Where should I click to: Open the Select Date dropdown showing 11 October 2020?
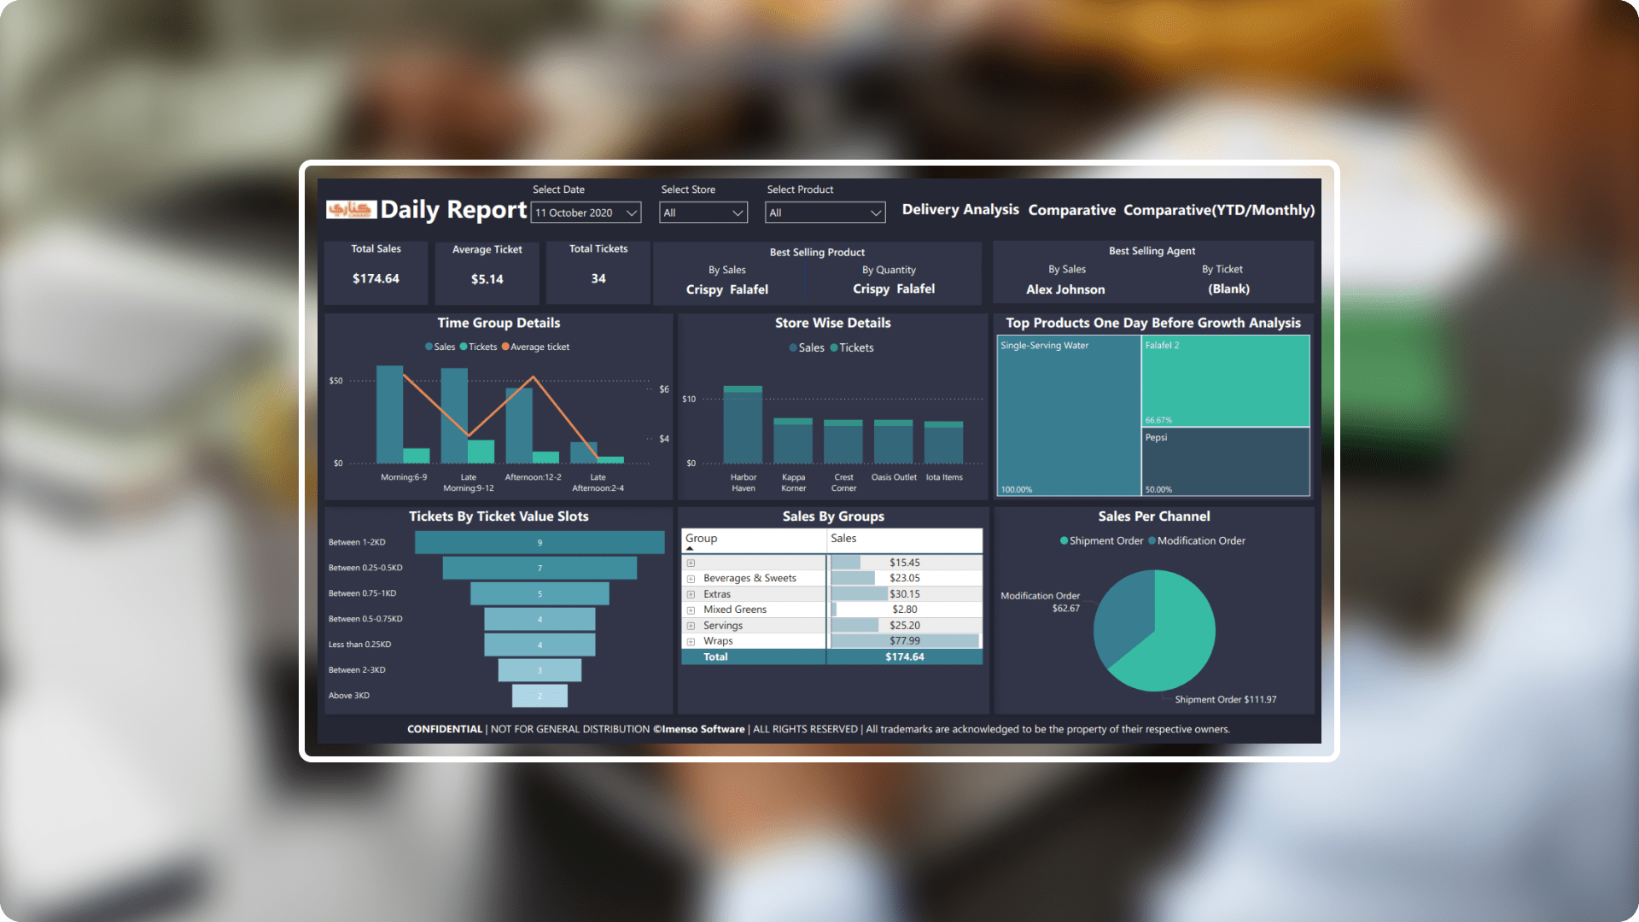pyautogui.click(x=586, y=213)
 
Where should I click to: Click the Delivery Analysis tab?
pyautogui.click(x=960, y=210)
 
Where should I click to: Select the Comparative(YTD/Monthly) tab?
pyautogui.click(x=1218, y=210)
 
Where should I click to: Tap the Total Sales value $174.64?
pyautogui.click(x=376, y=279)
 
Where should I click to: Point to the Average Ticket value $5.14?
pyautogui.click(x=487, y=279)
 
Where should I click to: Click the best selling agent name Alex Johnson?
pyautogui.click(x=1065, y=289)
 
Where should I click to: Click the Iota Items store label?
pyautogui.click(x=944, y=477)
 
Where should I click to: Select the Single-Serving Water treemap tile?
pyautogui.click(x=1069, y=416)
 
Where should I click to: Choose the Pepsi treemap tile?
pyautogui.click(x=1225, y=461)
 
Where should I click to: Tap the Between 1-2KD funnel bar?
pyautogui.click(x=540, y=542)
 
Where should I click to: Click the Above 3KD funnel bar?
pyautogui.click(x=540, y=696)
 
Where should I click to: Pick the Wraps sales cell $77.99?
pyautogui.click(x=905, y=641)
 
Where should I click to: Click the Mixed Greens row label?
pyautogui.click(x=735, y=610)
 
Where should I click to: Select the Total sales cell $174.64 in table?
pyautogui.click(x=905, y=656)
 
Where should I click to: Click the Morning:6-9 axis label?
pyautogui.click(x=404, y=477)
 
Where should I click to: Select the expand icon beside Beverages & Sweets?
pyautogui.click(x=691, y=579)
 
